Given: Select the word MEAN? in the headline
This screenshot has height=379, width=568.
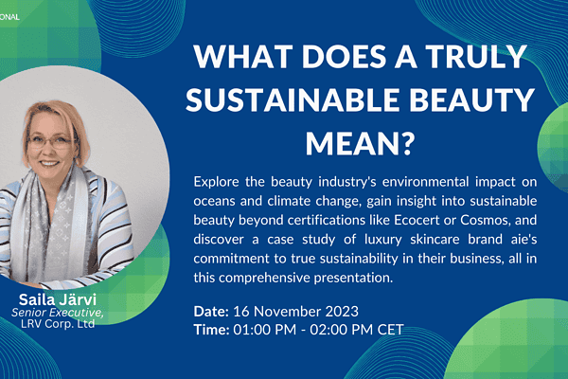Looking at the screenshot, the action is [360, 143].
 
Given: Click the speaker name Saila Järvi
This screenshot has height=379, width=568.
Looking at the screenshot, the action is [57, 299].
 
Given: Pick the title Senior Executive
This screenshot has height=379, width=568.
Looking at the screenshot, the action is [57, 313].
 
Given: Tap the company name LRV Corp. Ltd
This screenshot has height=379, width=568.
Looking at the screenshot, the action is [57, 323].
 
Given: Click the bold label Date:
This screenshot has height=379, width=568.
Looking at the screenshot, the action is [211, 312].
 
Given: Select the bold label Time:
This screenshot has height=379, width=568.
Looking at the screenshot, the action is [211, 330].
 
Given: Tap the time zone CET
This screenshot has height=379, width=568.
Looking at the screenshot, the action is [390, 330].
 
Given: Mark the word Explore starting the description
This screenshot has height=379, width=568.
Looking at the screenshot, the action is [216, 182].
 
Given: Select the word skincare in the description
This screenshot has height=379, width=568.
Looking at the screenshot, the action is [435, 240].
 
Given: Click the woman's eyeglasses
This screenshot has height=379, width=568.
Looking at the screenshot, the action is [52, 142].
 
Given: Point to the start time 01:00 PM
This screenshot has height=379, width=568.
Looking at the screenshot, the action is [264, 330].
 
